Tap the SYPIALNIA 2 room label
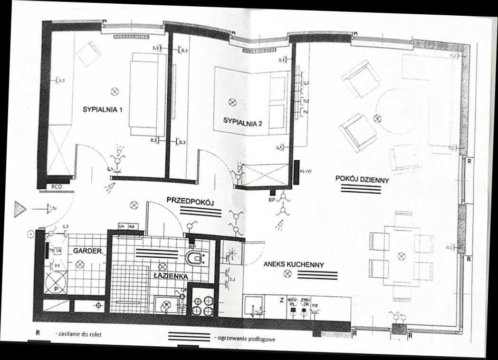[243, 122]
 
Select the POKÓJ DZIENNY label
[362, 180]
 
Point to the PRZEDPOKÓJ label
[191, 202]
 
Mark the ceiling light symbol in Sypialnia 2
[232, 102]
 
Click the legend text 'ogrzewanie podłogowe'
[245, 339]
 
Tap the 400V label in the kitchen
[292, 300]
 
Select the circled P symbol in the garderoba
[56, 289]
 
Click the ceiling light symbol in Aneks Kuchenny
[287, 273]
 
